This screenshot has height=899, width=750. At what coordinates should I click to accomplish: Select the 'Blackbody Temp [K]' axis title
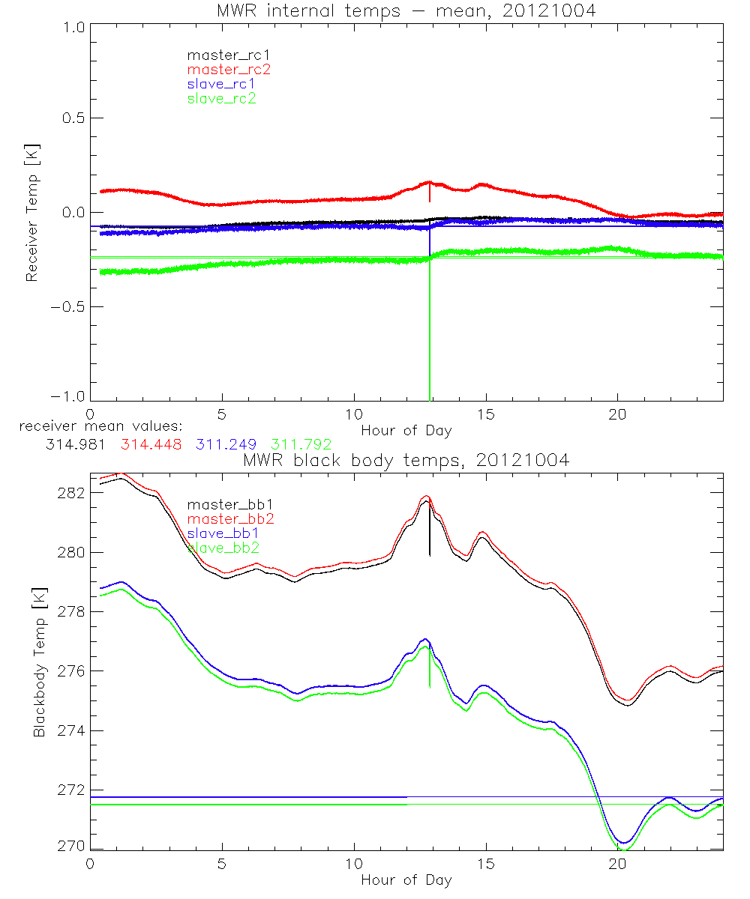[x=38, y=662]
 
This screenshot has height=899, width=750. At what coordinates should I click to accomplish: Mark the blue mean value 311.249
[x=226, y=445]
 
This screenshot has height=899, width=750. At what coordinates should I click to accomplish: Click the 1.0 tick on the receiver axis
[x=72, y=27]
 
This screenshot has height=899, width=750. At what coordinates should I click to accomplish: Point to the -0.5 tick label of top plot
[x=67, y=306]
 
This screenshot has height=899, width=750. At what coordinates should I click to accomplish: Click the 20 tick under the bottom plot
[x=617, y=864]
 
